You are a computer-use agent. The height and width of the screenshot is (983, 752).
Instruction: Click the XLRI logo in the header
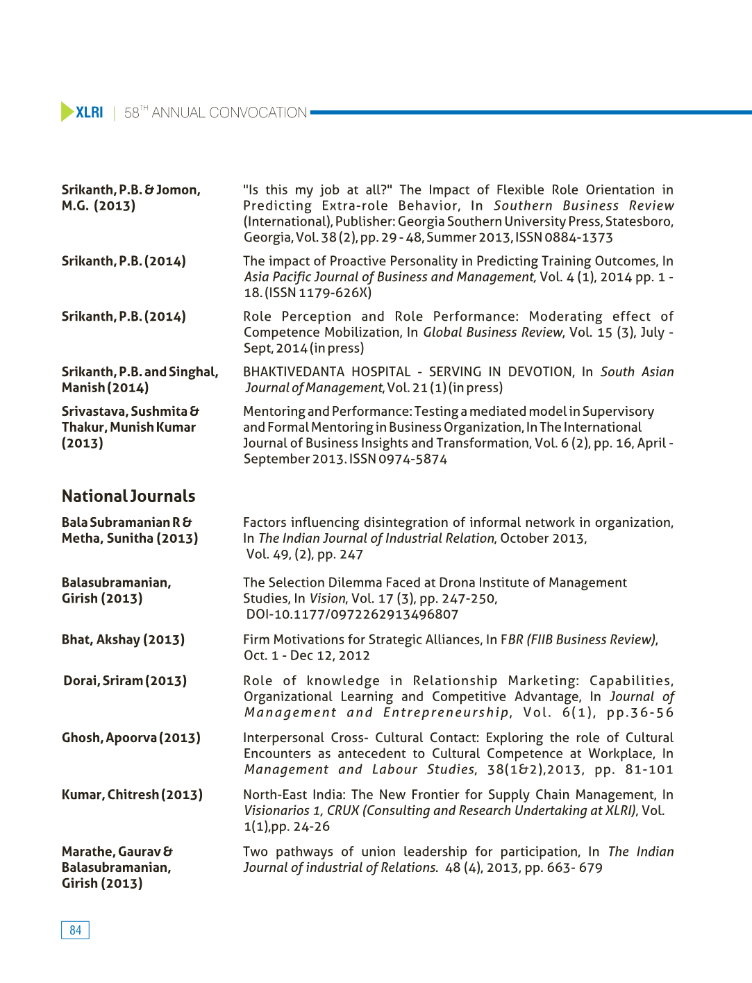click(x=82, y=112)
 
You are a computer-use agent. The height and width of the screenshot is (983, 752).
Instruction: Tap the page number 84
click(x=75, y=930)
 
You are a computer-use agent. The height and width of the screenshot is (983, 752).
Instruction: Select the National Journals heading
click(x=128, y=496)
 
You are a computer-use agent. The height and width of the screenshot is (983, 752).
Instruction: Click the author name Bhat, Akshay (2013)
click(x=123, y=639)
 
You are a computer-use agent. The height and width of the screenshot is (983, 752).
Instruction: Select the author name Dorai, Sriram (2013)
click(x=125, y=680)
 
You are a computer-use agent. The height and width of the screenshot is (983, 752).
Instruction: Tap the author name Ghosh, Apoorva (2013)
click(x=131, y=737)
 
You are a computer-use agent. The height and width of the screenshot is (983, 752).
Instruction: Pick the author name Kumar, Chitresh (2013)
click(x=132, y=794)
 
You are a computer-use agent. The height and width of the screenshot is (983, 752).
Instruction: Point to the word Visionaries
click(x=276, y=810)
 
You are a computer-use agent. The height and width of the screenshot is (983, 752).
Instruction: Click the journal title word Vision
click(x=328, y=598)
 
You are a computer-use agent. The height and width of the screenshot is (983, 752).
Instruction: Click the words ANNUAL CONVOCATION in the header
click(x=229, y=112)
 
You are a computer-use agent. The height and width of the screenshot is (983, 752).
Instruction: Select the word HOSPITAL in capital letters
click(x=381, y=371)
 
